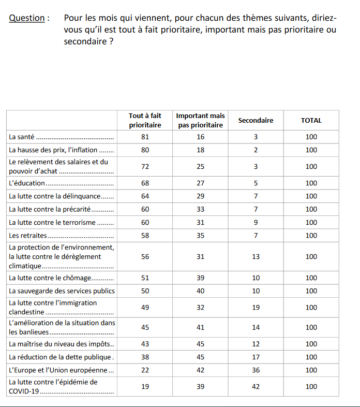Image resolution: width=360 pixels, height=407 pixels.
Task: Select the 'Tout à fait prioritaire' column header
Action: click(145, 121)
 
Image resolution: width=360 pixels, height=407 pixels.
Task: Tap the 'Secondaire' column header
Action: click(256, 121)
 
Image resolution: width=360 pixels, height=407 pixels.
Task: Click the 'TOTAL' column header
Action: click(311, 121)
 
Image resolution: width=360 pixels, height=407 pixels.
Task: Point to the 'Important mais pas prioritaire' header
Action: click(200, 121)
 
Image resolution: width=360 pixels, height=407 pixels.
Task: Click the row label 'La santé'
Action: click(22, 137)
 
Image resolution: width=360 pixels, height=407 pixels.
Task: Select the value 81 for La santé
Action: click(145, 137)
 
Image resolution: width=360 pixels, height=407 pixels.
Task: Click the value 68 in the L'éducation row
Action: click(145, 183)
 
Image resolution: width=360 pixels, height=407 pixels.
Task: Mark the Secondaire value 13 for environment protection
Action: click(256, 257)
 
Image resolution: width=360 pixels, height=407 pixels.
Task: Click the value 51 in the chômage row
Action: click(145, 278)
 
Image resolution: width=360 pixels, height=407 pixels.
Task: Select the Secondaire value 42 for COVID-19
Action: click(256, 387)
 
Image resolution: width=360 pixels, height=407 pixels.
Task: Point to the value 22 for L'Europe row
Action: click(145, 370)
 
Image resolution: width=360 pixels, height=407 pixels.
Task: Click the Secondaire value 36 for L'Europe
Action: click(256, 370)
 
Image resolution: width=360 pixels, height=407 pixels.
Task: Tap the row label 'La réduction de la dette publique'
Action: click(60, 357)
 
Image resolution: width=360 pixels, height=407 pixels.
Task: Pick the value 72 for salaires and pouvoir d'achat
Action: click(145, 167)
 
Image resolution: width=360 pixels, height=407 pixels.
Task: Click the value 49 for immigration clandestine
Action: click(145, 308)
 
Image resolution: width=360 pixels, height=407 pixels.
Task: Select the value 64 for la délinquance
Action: click(145, 196)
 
